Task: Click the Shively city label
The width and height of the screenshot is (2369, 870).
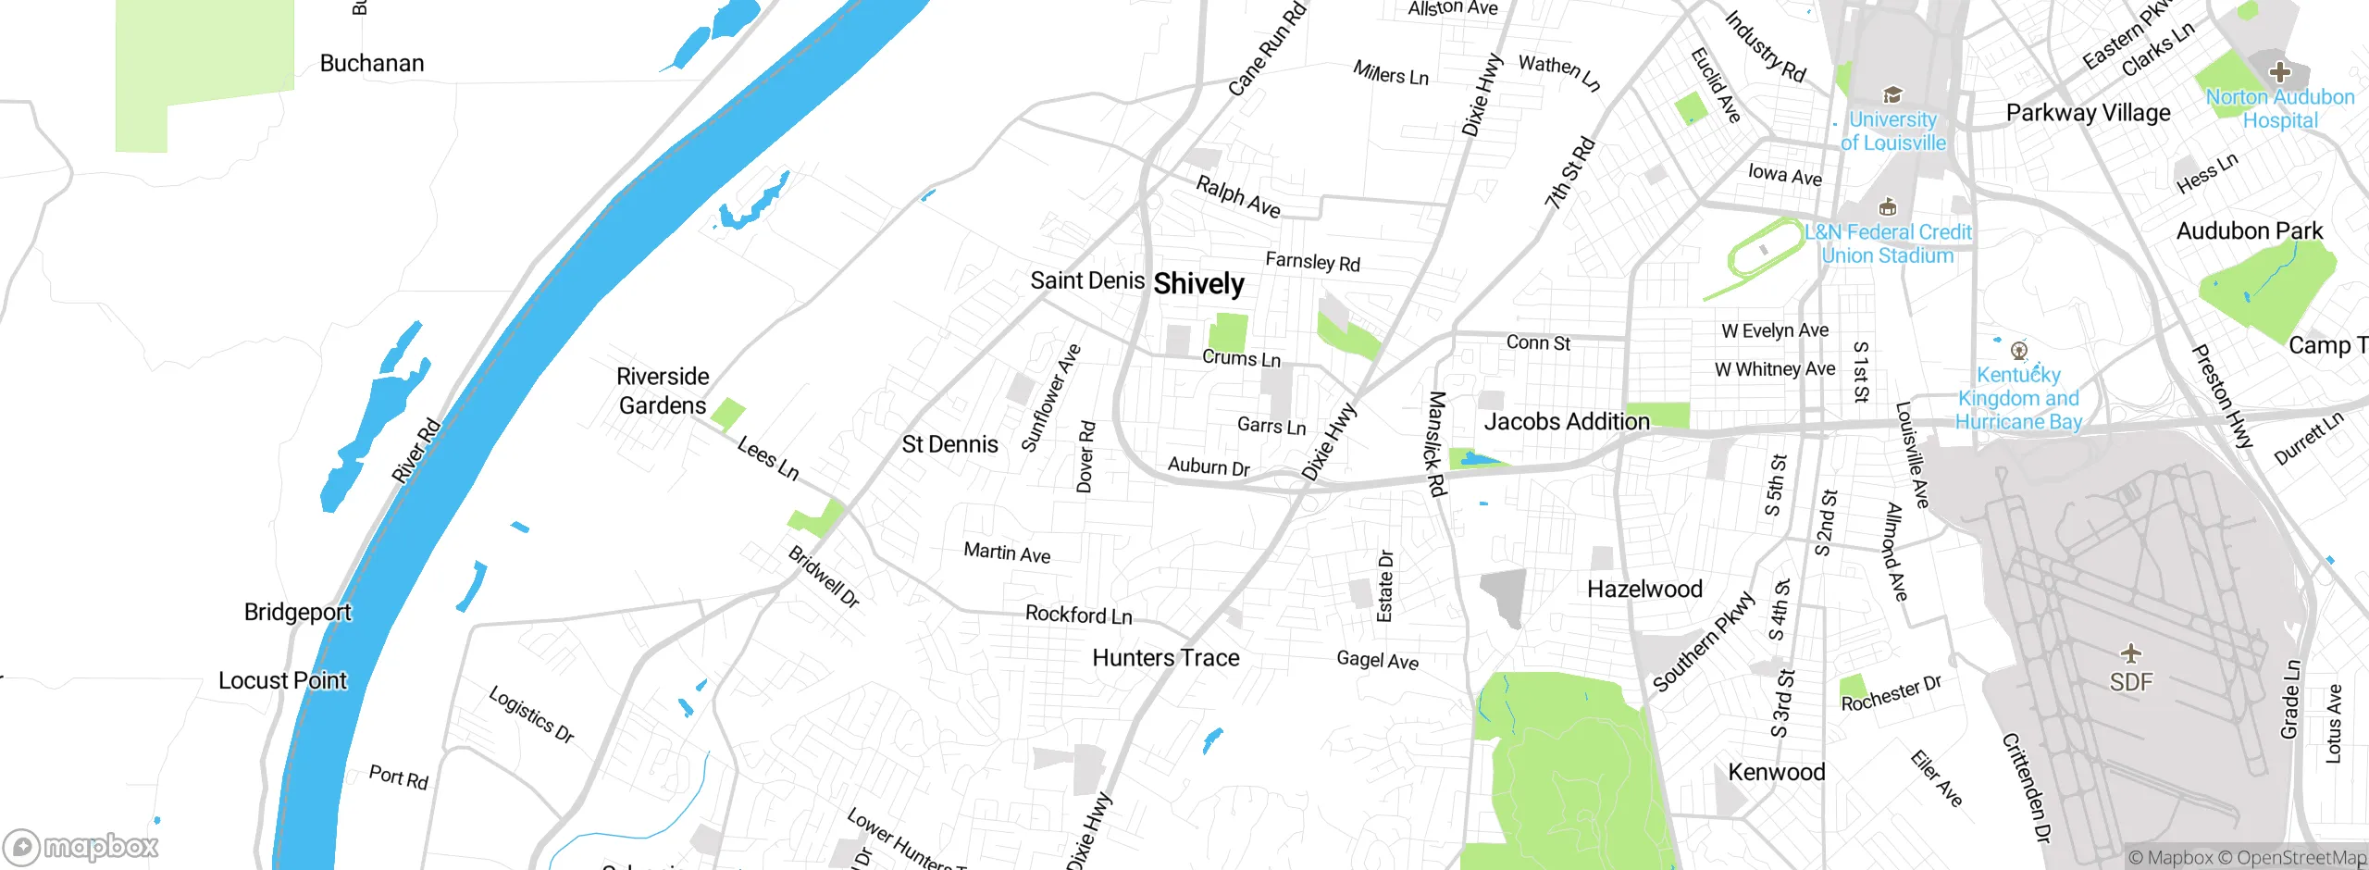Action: coord(1198,284)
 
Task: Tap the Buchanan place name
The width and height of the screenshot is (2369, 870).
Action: coord(372,64)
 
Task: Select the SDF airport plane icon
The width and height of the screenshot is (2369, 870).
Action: coord(2131,653)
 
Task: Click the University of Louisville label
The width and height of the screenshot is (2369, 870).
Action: coord(1892,131)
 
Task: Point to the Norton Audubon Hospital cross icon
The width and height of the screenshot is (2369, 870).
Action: coord(2280,72)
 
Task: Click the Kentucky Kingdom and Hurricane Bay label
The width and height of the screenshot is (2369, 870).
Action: coord(2018,398)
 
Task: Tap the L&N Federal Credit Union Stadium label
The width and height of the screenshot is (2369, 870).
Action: coord(1888,243)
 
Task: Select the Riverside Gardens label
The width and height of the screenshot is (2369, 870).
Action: coord(663,391)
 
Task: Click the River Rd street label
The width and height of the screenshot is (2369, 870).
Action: coord(416,451)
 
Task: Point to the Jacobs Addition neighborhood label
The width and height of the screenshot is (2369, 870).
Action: coord(1567,422)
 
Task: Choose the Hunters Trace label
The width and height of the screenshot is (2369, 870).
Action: coord(1165,658)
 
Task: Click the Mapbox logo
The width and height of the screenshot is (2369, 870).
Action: coord(81,846)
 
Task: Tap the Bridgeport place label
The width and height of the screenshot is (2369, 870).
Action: coord(297,613)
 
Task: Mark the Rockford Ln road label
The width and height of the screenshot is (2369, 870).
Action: coord(1078,615)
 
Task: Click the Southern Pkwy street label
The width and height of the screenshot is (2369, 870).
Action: coord(1704,641)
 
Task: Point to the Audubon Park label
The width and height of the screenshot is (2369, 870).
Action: coord(2249,231)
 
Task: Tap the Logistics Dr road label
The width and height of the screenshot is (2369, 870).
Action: coord(531,715)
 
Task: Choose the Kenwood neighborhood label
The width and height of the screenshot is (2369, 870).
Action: coord(1776,773)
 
